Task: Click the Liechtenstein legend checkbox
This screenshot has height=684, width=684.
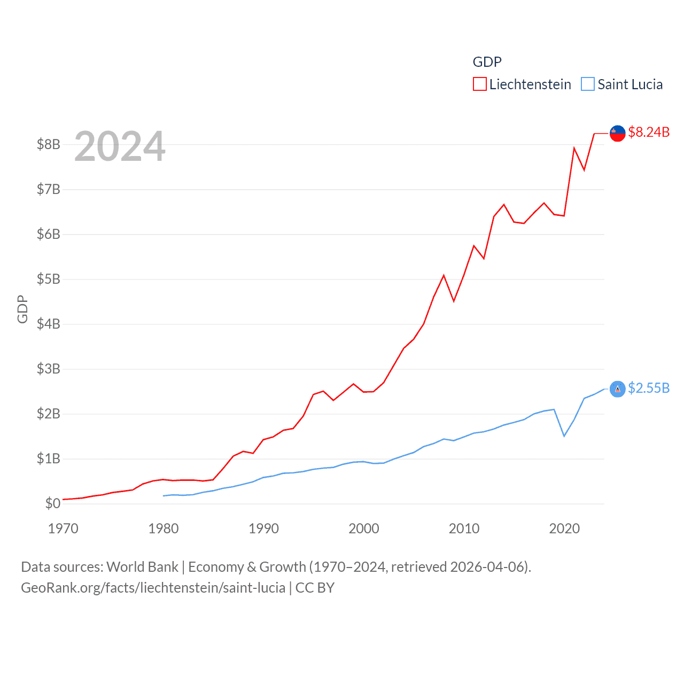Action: (480, 84)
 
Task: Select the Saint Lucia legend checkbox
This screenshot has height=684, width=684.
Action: (588, 84)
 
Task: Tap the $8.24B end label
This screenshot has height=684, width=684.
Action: (649, 132)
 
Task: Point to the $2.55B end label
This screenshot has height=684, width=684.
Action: (649, 388)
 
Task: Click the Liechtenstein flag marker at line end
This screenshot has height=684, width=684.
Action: (618, 133)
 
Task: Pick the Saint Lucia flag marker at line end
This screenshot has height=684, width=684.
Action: (618, 389)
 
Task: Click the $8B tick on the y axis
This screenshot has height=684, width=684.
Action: (48, 144)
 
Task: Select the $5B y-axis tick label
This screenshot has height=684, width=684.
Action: (48, 279)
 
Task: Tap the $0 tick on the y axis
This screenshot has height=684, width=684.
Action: (52, 503)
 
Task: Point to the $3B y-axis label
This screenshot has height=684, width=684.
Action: (48, 369)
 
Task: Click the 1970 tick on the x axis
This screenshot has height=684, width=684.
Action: (63, 528)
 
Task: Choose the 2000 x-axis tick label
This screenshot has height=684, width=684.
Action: (364, 528)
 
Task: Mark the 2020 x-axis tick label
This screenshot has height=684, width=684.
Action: (564, 528)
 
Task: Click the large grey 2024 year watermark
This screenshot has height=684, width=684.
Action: (120, 146)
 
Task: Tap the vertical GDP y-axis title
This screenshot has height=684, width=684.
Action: (22, 309)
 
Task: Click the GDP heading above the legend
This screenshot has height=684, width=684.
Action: (487, 62)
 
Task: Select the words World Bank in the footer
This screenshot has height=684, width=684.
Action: (142, 567)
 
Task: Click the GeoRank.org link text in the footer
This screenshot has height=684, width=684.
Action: (153, 588)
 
